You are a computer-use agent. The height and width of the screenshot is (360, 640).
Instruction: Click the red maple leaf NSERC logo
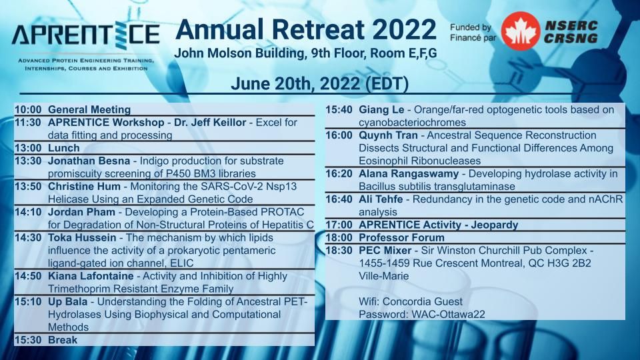(x=520, y=31)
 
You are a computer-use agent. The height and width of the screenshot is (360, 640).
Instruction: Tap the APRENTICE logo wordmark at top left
(x=85, y=34)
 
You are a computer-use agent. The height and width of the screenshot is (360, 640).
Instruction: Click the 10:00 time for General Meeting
(x=28, y=109)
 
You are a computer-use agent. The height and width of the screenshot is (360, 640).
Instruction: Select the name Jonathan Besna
(x=89, y=161)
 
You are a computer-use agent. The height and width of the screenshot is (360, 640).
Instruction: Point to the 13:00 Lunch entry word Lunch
(x=64, y=148)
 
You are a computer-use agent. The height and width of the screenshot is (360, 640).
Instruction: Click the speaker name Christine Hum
(x=84, y=187)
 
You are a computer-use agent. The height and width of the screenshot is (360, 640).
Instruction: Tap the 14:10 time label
(x=28, y=212)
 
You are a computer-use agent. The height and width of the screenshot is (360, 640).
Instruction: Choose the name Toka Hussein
(x=82, y=237)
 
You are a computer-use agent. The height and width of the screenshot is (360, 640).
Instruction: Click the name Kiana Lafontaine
(x=91, y=276)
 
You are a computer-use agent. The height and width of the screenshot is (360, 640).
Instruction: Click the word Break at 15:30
(x=63, y=340)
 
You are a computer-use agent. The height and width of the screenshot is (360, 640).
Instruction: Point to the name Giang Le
(x=381, y=110)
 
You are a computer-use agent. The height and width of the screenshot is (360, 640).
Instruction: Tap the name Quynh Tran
(x=388, y=135)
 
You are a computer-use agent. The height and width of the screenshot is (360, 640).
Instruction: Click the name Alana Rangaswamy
(x=409, y=174)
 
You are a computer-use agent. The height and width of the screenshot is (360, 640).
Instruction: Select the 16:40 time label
(x=339, y=199)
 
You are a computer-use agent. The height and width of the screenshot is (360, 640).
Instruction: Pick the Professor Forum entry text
(x=401, y=237)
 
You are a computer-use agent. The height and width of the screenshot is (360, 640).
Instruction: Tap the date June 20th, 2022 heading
(x=319, y=84)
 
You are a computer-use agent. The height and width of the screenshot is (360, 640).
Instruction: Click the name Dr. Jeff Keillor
(x=210, y=123)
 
